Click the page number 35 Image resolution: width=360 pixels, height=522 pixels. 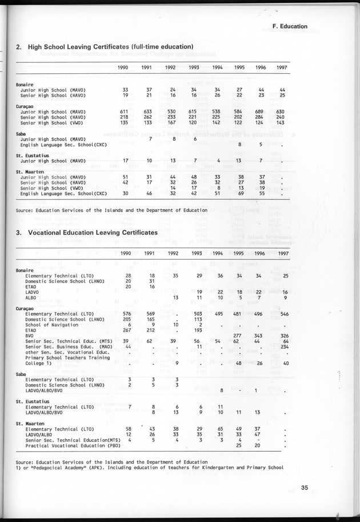click(x=305, y=488)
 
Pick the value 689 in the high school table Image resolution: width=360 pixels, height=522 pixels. click(x=260, y=111)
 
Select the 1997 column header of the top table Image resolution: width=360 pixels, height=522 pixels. click(x=280, y=67)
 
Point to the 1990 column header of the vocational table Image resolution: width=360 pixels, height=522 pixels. click(x=126, y=253)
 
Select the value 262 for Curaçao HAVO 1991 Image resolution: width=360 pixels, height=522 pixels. click(x=147, y=117)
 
